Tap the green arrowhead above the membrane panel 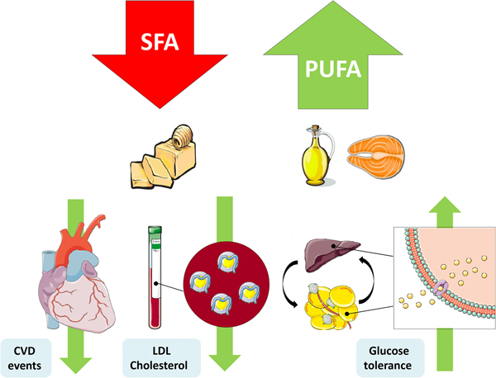pyautogui.click(x=445, y=210)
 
